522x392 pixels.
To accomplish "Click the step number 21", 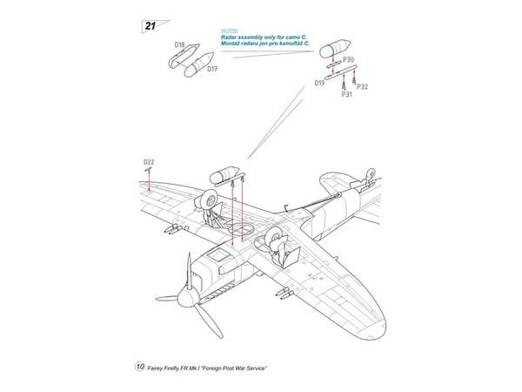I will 149,26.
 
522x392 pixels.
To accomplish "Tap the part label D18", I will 179,44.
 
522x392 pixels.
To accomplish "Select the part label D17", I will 212,70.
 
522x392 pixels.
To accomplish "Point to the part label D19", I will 320,84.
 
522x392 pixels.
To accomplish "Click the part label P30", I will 348,59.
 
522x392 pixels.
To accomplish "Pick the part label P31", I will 346,94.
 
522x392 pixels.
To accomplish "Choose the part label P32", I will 363,86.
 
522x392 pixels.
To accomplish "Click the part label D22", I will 149,162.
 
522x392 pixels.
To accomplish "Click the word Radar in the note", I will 232,38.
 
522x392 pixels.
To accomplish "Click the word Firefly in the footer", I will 181,368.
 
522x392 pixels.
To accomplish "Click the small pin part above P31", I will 345,82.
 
